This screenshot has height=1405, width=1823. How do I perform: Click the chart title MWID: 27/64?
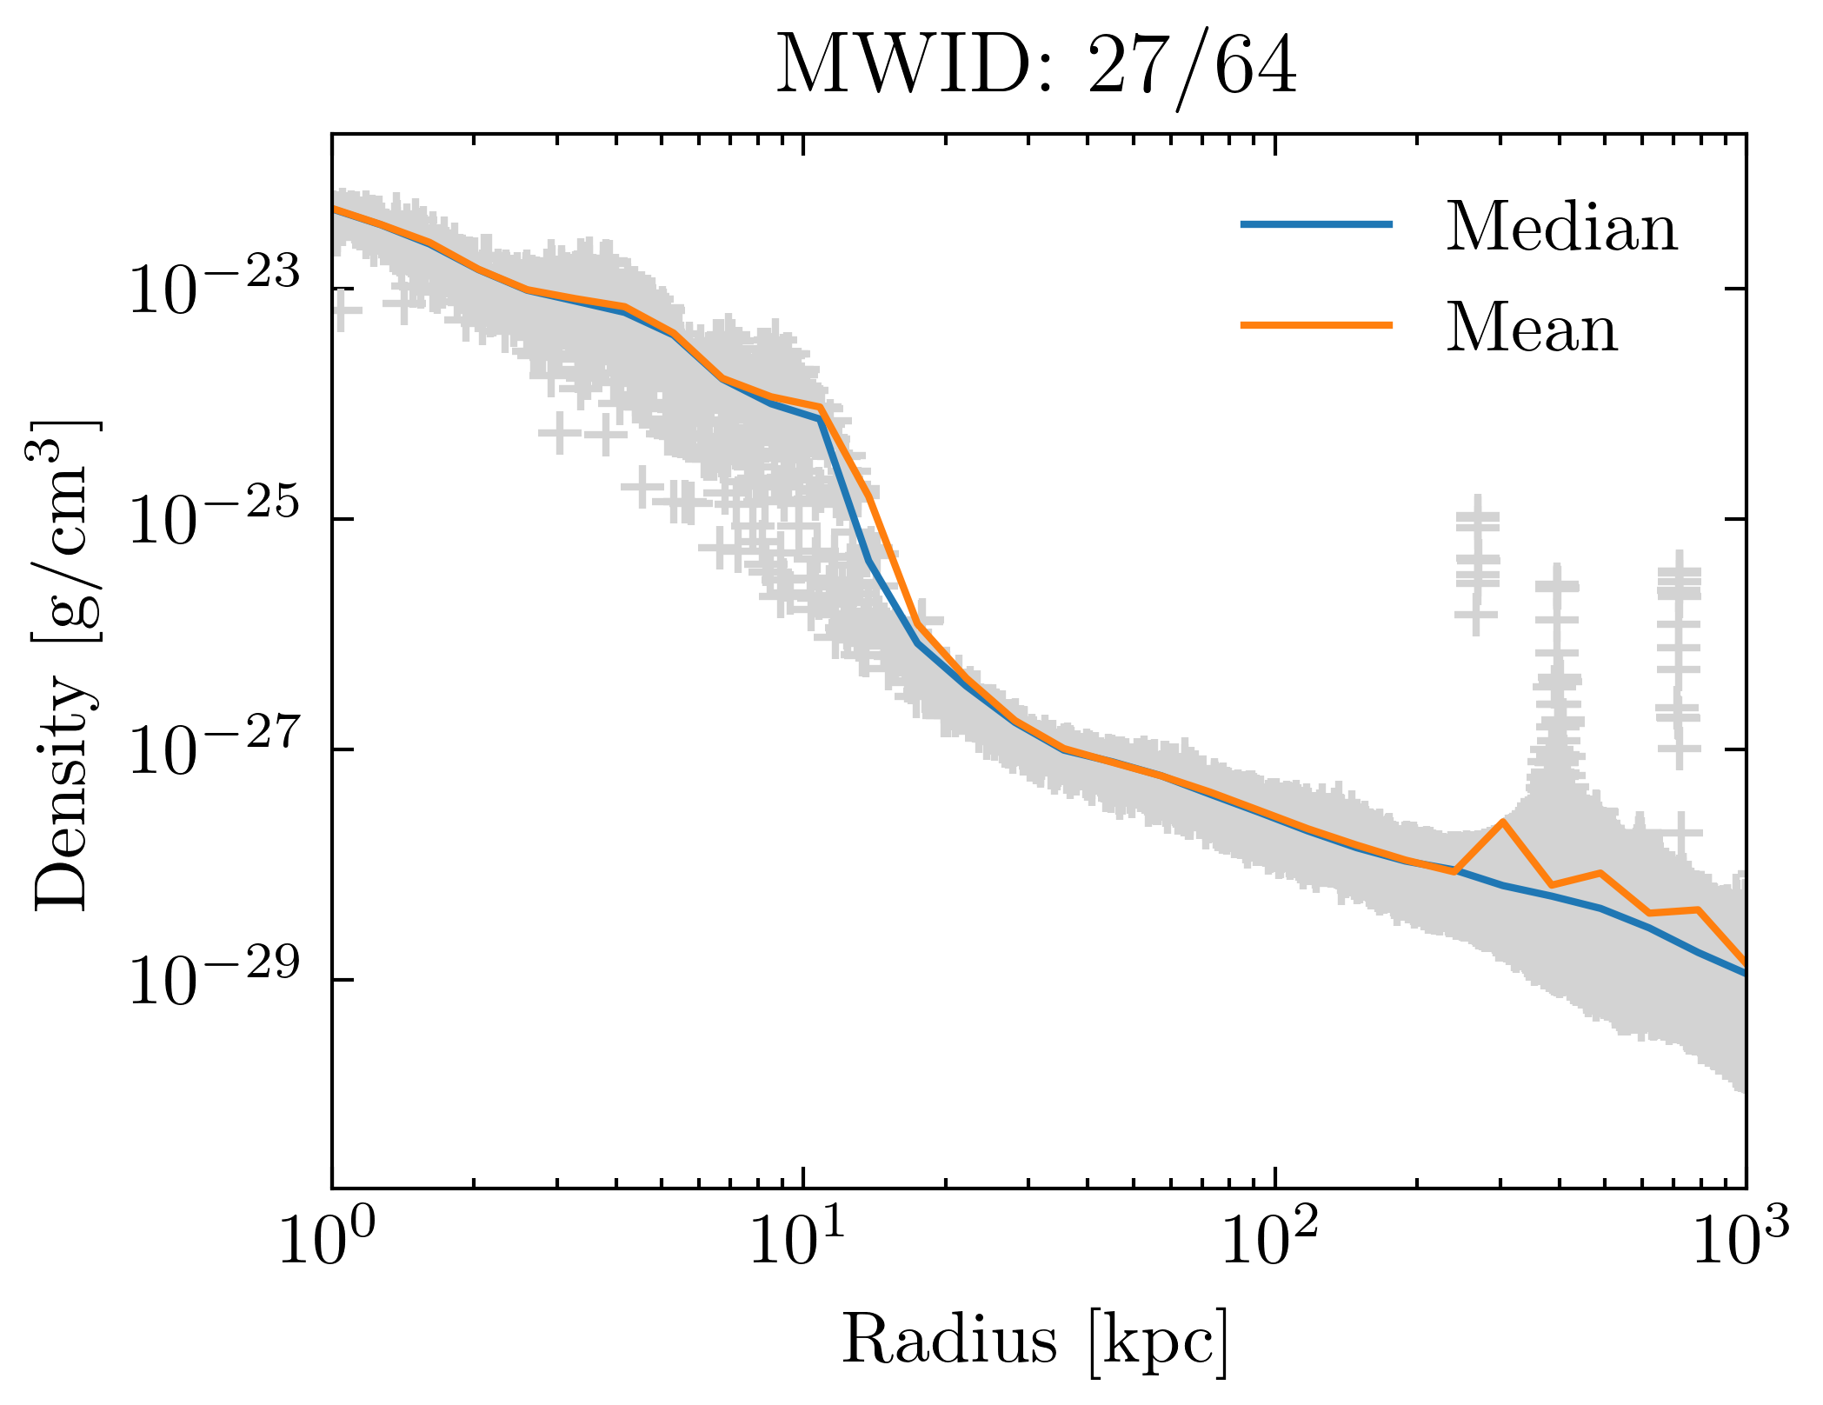[1036, 68]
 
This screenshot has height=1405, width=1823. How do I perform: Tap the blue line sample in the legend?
[1316, 224]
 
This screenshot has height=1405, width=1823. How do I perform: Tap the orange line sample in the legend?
[1316, 325]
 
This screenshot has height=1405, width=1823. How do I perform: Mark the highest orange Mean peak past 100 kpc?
[1502, 822]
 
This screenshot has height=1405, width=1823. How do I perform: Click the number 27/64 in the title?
[1191, 68]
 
